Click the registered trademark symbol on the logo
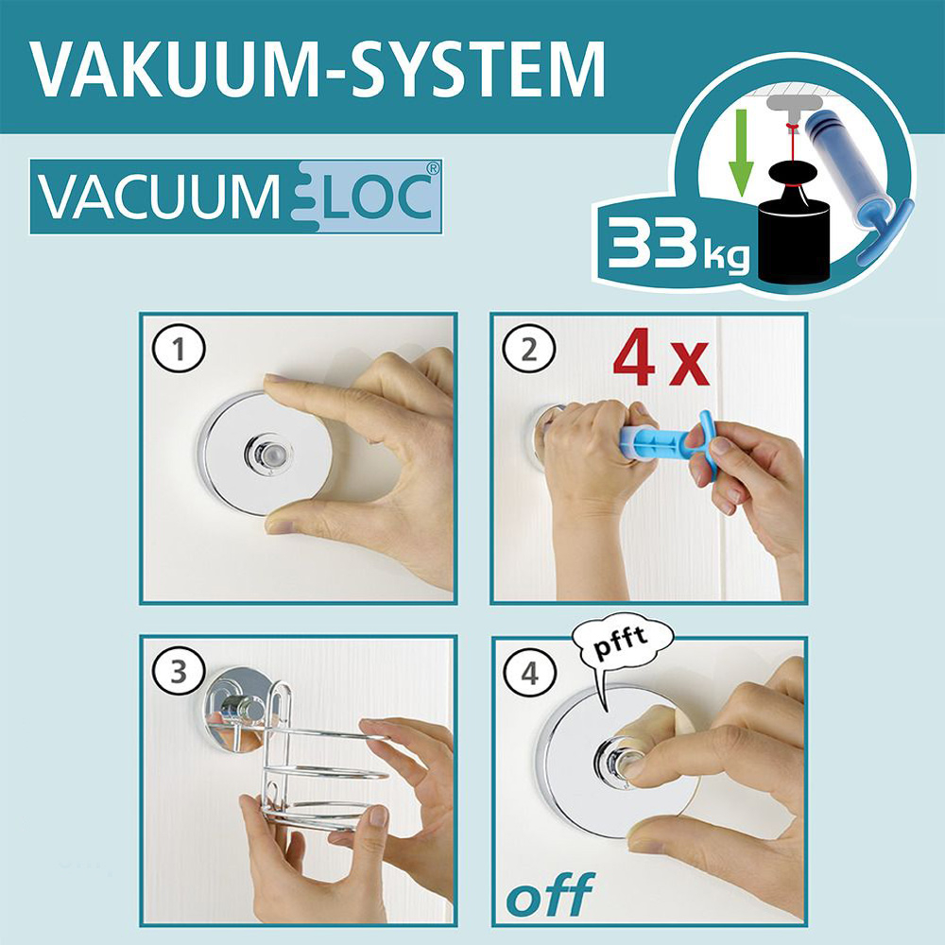tap(432, 169)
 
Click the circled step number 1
tap(179, 349)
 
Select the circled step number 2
tap(528, 349)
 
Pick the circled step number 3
tap(179, 671)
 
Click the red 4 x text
tap(661, 357)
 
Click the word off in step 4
tap(550, 894)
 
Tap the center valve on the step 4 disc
tap(616, 762)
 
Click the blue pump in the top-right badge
tap(856, 180)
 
